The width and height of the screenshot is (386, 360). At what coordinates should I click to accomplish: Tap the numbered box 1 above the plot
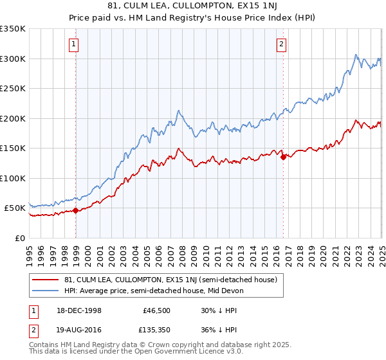coord(75,44)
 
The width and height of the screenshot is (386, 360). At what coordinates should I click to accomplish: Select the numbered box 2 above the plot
coord(282,44)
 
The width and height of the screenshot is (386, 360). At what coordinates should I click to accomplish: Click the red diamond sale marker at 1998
coord(76,210)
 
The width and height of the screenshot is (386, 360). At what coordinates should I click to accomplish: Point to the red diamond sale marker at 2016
coord(283,157)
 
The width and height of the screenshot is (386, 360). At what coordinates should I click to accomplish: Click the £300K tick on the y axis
coord(13,59)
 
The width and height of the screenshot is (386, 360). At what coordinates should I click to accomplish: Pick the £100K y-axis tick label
coord(13,178)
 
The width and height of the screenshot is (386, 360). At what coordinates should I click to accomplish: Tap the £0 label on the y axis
coord(20,238)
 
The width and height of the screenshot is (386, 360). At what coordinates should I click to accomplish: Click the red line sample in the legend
coord(45,280)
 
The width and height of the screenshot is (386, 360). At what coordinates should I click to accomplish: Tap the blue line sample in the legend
coord(45,291)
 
